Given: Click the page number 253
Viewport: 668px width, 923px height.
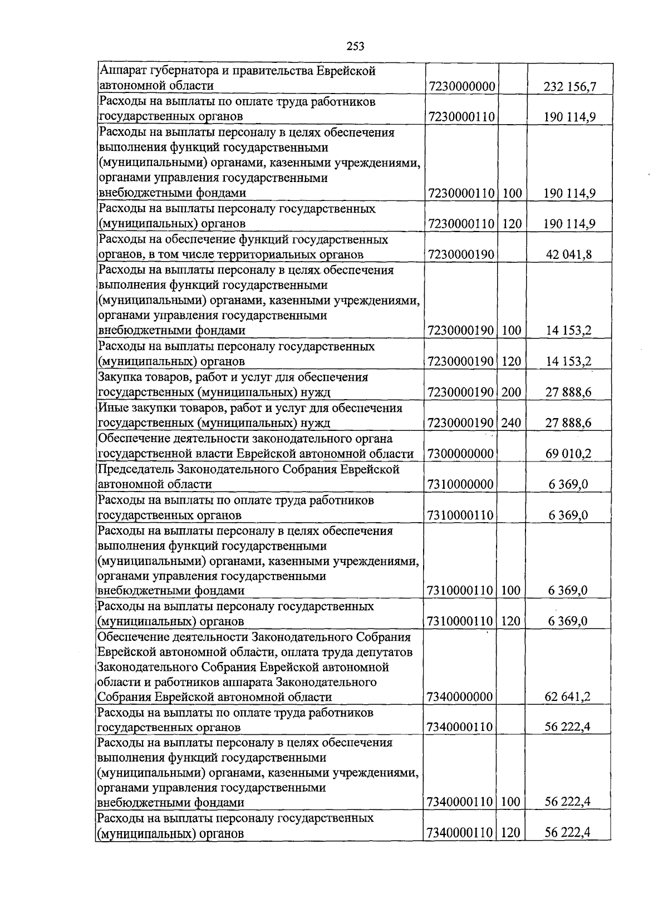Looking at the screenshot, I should click(355, 47).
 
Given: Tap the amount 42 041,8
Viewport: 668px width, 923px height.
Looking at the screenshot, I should click(569, 254).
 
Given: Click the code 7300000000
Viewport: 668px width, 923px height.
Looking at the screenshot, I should click(461, 454).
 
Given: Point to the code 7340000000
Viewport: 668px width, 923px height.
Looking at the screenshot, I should click(460, 697).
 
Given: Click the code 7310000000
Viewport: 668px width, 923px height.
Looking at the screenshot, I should click(461, 484).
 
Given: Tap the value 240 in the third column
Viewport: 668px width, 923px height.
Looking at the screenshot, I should click(511, 423).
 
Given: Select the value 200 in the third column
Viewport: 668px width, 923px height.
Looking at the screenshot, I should click(511, 392).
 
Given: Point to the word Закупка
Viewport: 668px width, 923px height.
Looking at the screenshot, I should click(121, 377).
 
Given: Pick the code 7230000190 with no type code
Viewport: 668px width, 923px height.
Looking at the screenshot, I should click(461, 254).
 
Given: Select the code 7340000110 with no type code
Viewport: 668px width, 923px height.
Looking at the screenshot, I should click(460, 727).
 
